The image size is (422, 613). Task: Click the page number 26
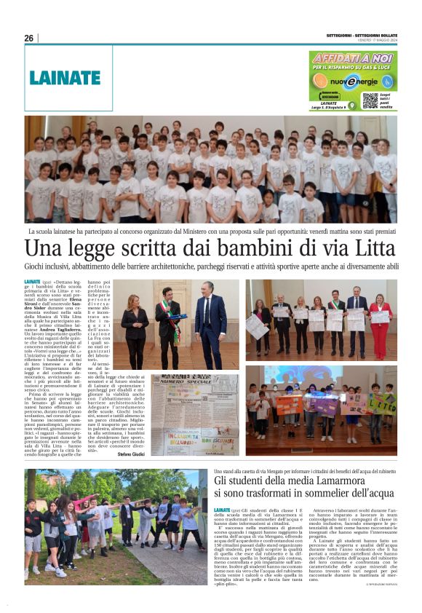(29, 38)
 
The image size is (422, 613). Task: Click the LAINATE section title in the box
(63, 76)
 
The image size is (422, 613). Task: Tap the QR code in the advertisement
(370, 100)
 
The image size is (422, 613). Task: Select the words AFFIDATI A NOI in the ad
(353, 57)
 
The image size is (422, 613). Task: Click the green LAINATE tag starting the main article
(32, 281)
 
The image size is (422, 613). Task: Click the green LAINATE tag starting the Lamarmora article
(223, 510)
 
